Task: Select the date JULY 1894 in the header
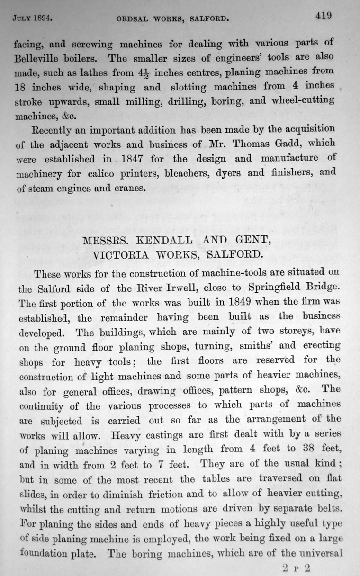[x=32, y=19]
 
